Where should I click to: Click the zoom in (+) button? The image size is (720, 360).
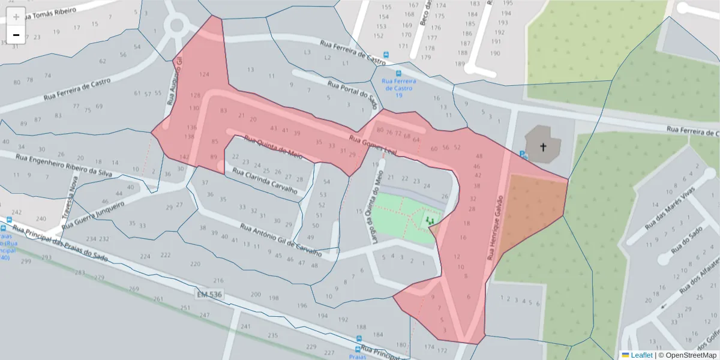[16, 17]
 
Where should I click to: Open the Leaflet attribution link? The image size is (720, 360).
[641, 355]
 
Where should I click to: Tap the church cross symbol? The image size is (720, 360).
[543, 146]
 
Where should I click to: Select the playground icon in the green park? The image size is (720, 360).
[430, 221]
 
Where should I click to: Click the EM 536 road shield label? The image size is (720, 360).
[209, 294]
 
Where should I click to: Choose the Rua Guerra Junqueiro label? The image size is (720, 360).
[93, 215]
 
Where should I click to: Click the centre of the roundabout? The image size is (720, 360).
[176, 26]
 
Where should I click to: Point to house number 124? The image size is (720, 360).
[204, 74]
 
